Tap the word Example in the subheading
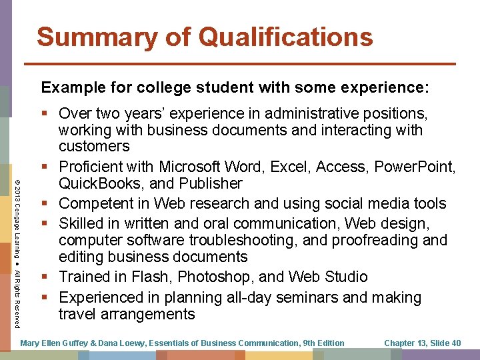click(69, 87)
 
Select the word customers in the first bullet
click(94, 146)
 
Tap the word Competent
click(105, 202)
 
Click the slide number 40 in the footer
click(455, 343)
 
